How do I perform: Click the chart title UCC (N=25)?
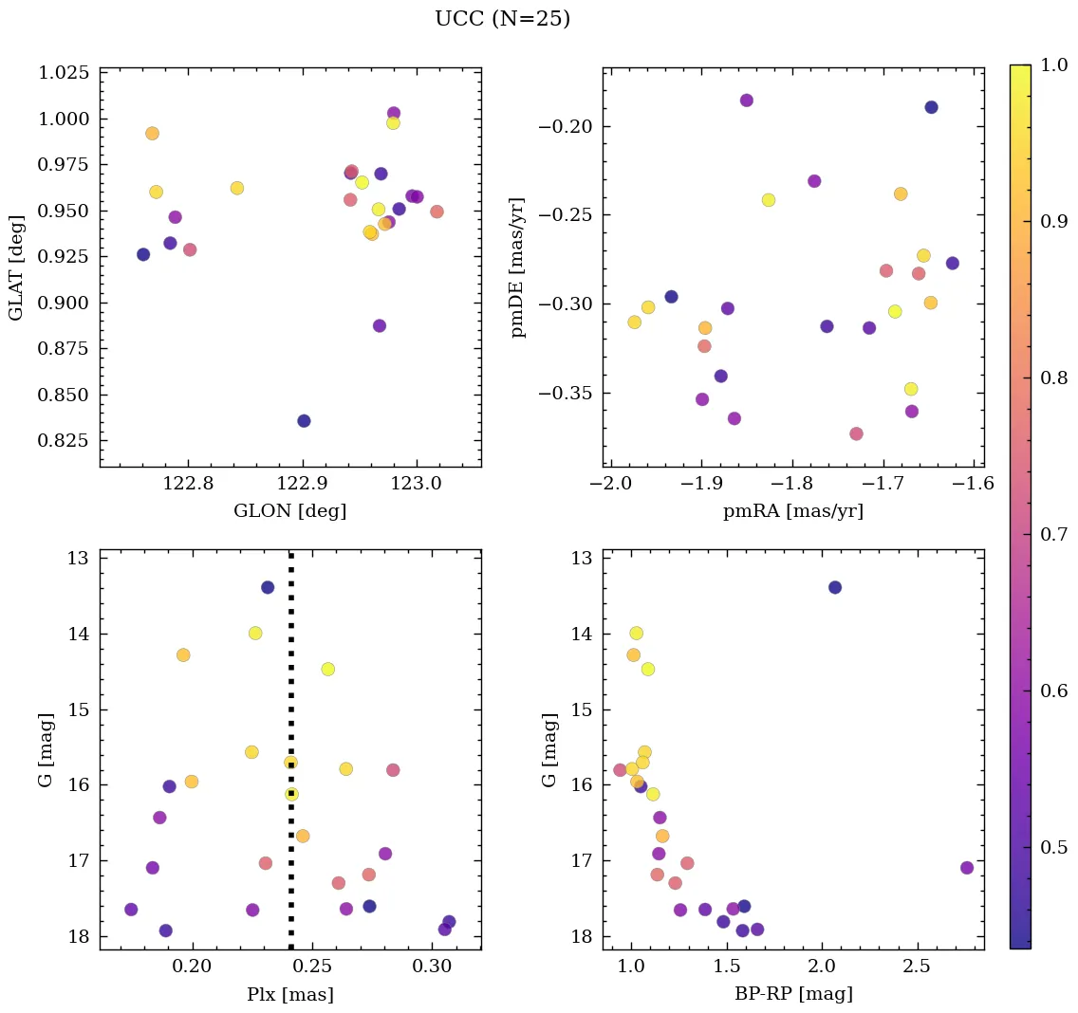pyautogui.click(x=502, y=19)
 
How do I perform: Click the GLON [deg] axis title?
pyautogui.click(x=289, y=511)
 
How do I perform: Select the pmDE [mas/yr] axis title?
pyautogui.click(x=518, y=267)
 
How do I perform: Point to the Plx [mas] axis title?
pyautogui.click(x=289, y=994)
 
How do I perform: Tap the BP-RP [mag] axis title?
pyautogui.click(x=792, y=994)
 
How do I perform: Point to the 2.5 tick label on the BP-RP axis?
pyautogui.click(x=916, y=969)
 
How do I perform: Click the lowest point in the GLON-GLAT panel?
pyautogui.click(x=304, y=421)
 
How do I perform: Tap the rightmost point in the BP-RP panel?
pyautogui.click(x=967, y=868)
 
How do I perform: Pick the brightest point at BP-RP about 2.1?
pyautogui.click(x=835, y=587)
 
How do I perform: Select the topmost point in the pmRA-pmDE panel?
pyautogui.click(x=747, y=101)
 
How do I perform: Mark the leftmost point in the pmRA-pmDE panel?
pyautogui.click(x=634, y=322)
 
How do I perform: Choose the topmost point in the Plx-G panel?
pyautogui.click(x=268, y=587)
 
